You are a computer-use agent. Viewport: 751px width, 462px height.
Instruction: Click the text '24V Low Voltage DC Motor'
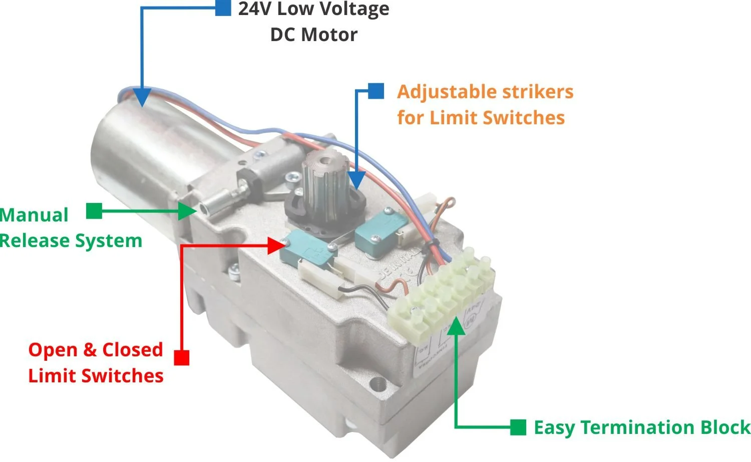click(313, 22)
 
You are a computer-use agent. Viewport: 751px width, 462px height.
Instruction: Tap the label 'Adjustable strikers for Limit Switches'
click(485, 105)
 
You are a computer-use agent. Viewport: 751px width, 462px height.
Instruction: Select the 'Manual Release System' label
click(70, 228)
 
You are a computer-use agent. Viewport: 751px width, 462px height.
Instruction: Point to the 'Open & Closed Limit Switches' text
click(96, 362)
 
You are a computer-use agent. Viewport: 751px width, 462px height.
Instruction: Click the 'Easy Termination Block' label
click(642, 427)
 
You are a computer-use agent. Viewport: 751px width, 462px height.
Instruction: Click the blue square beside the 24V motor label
click(223, 8)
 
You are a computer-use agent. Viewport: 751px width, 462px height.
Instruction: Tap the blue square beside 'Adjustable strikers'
click(376, 91)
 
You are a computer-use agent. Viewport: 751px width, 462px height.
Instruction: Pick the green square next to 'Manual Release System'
click(94, 211)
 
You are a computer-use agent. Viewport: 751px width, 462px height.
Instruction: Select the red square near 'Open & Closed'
click(181, 357)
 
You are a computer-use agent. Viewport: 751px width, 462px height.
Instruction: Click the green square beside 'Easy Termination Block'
click(518, 427)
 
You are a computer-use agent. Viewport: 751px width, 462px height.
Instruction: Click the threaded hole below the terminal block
click(377, 386)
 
